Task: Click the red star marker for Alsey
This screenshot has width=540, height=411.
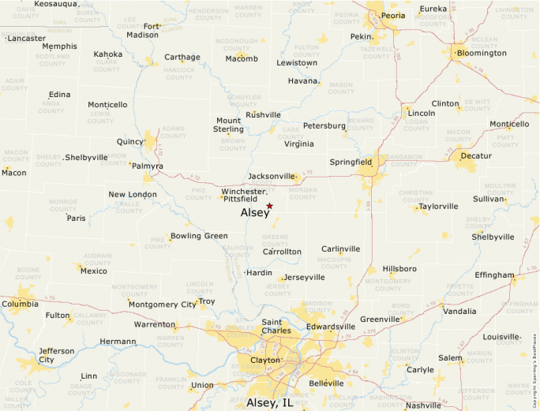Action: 269,206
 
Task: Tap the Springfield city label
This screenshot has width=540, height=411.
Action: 351,162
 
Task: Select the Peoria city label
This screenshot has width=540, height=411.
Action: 392,15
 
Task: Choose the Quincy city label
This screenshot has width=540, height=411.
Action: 130,142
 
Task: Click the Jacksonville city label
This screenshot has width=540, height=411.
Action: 271,176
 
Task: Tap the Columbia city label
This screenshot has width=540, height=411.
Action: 20,304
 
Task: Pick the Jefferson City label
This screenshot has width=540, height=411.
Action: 56,355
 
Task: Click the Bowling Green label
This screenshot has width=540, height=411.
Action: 198,236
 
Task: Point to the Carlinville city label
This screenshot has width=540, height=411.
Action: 340,248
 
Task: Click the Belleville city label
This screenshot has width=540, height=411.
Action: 326,383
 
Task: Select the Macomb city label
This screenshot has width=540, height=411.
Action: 242,58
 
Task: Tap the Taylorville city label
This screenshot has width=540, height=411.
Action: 439,207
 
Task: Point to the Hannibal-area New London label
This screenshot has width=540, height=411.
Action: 133,194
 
